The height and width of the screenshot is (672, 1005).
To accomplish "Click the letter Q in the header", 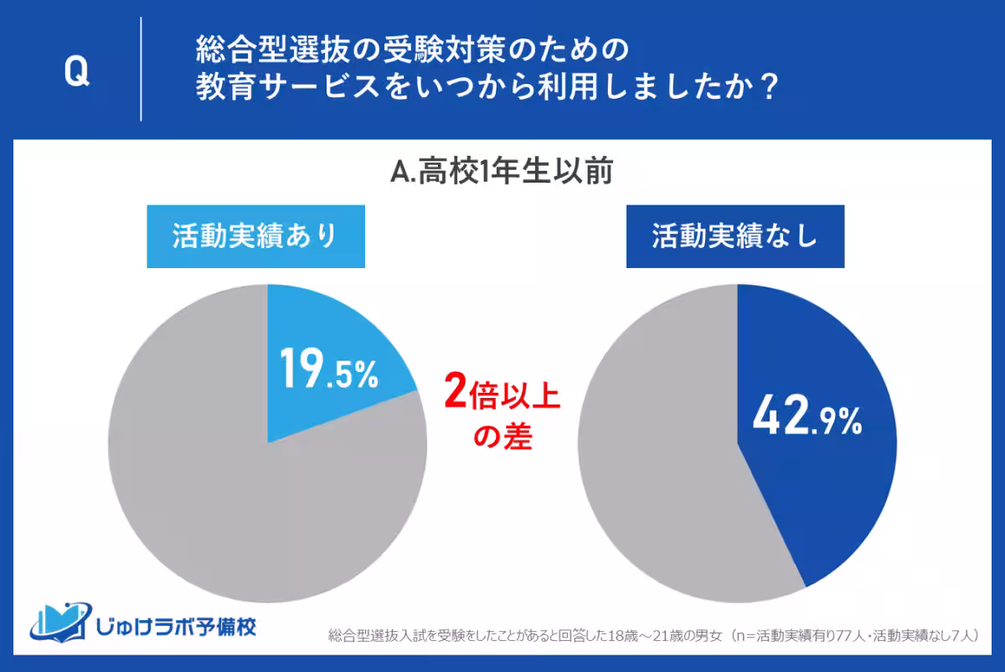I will click(x=76, y=73).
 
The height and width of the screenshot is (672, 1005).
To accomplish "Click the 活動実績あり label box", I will click(x=255, y=237).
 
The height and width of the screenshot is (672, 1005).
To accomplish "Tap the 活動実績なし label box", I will click(x=734, y=237).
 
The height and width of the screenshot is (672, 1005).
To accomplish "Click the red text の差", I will click(x=502, y=437).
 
